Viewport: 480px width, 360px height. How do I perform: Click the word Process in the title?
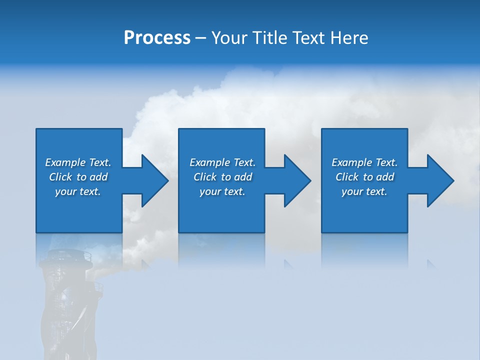pyautogui.click(x=157, y=38)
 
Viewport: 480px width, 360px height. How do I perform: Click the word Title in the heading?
pyautogui.click(x=268, y=38)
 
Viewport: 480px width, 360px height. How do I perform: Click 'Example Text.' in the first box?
pyautogui.click(x=78, y=162)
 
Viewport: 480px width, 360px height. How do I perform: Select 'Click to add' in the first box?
pyautogui.click(x=78, y=177)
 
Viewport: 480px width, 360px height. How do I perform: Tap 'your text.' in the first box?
pyautogui.click(x=78, y=191)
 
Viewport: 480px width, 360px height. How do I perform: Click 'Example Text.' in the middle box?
pyautogui.click(x=222, y=162)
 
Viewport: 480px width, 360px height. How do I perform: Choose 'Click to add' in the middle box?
pyautogui.click(x=222, y=177)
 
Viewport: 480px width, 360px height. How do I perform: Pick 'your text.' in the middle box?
pyautogui.click(x=222, y=191)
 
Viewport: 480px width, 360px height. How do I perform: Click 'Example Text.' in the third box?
pyautogui.click(x=364, y=162)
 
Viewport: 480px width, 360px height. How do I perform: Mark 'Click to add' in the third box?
pyautogui.click(x=364, y=177)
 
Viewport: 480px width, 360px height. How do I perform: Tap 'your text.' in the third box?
pyautogui.click(x=364, y=191)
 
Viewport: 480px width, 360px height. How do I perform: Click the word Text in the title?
pyautogui.click(x=306, y=38)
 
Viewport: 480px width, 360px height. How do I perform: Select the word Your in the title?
pyautogui.click(x=229, y=38)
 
